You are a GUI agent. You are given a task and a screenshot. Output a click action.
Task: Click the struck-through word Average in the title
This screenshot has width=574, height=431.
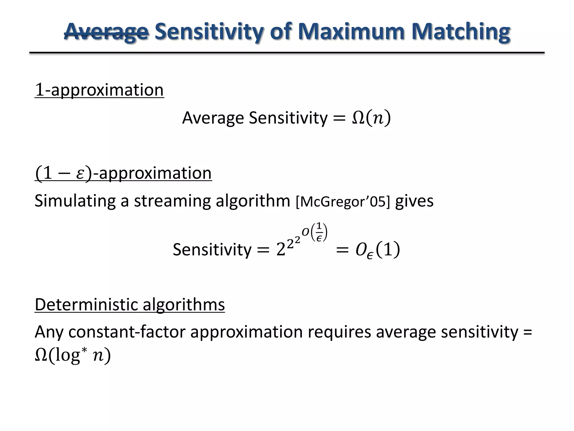(x=106, y=31)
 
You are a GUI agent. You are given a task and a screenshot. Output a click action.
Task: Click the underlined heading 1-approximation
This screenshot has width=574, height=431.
(x=99, y=90)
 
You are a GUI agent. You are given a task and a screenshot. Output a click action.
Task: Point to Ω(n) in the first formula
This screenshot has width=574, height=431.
(x=371, y=118)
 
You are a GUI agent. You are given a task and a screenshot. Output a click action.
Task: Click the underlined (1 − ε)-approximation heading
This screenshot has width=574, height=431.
(x=123, y=173)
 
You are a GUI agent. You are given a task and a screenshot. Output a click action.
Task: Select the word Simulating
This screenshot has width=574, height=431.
(x=75, y=201)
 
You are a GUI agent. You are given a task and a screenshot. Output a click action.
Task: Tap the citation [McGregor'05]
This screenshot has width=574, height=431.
(x=343, y=202)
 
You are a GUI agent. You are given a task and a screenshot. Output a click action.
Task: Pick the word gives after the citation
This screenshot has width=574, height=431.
(x=414, y=201)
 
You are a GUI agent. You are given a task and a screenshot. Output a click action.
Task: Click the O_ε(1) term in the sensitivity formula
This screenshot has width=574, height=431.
(x=377, y=250)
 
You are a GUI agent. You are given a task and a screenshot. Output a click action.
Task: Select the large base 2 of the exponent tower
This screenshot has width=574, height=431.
(x=281, y=250)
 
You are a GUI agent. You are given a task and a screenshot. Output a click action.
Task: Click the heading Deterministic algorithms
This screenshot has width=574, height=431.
(x=130, y=305)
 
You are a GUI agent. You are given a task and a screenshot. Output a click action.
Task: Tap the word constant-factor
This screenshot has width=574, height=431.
(x=127, y=332)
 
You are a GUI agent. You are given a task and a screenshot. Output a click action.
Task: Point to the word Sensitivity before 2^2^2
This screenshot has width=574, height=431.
(x=212, y=250)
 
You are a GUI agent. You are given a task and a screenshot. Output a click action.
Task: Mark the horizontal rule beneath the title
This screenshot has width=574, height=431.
(x=287, y=53)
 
